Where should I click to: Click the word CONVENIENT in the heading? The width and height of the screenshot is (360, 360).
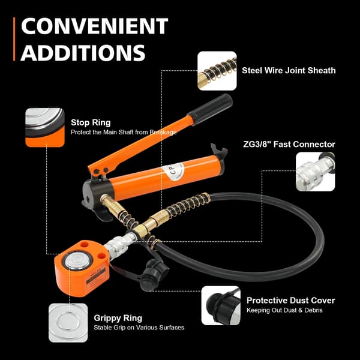pos(95,26)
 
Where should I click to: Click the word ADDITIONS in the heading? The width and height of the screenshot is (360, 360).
pos(83,53)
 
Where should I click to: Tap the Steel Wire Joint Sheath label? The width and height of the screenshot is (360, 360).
pos(289,70)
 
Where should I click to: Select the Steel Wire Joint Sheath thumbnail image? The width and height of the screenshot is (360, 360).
pos(217,71)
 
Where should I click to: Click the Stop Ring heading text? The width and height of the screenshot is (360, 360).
pos(91,122)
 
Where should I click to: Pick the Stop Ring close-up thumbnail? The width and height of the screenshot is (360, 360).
pos(45,127)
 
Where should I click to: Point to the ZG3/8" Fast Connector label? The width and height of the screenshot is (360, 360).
pos(289,145)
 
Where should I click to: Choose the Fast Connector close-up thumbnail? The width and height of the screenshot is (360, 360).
pos(315,172)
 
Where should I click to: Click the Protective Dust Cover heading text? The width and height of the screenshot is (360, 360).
pos(290,301)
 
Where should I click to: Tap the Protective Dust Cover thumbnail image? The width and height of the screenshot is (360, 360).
pos(221,305)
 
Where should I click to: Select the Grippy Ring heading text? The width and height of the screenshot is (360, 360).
pos(118,318)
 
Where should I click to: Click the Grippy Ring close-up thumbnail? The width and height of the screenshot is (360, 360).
pos(68,323)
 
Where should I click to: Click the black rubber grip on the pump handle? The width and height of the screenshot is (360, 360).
pos(210,109)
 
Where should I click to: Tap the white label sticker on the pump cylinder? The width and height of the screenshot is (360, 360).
pos(173,170)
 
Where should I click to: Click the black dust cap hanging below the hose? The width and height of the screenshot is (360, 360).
pos(152,274)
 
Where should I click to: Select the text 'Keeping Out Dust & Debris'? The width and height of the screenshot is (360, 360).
pos(284,310)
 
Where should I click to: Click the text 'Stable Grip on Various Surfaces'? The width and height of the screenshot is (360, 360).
pos(139,328)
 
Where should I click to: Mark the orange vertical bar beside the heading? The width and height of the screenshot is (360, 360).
pos(14,39)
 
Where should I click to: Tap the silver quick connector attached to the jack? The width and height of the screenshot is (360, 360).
pos(121,245)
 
